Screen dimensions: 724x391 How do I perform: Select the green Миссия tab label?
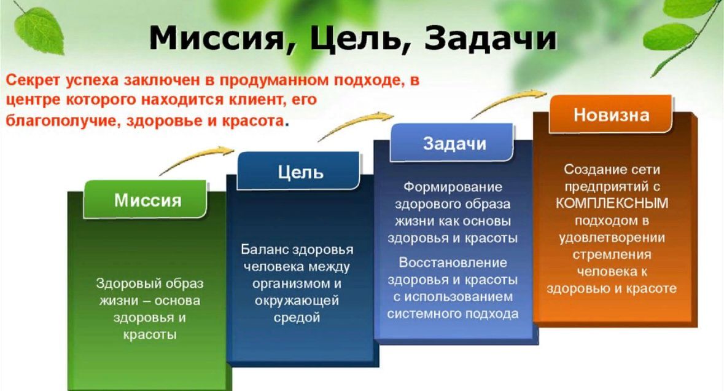click(148, 200)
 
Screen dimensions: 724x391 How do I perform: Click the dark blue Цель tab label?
click(300, 172)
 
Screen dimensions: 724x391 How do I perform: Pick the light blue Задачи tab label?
click(455, 144)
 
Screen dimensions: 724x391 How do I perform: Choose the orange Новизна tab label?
click(612, 114)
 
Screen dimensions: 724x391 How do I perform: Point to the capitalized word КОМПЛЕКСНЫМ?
click(612, 203)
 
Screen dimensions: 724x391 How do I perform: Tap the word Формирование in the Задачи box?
click(453, 187)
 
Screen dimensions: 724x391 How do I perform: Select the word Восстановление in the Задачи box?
click(453, 263)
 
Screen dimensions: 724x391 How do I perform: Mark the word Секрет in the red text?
click(33, 81)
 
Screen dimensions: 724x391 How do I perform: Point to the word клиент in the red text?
click(249, 100)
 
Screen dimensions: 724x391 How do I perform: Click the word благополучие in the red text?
click(63, 120)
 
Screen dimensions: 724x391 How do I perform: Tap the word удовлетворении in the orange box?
click(612, 237)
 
